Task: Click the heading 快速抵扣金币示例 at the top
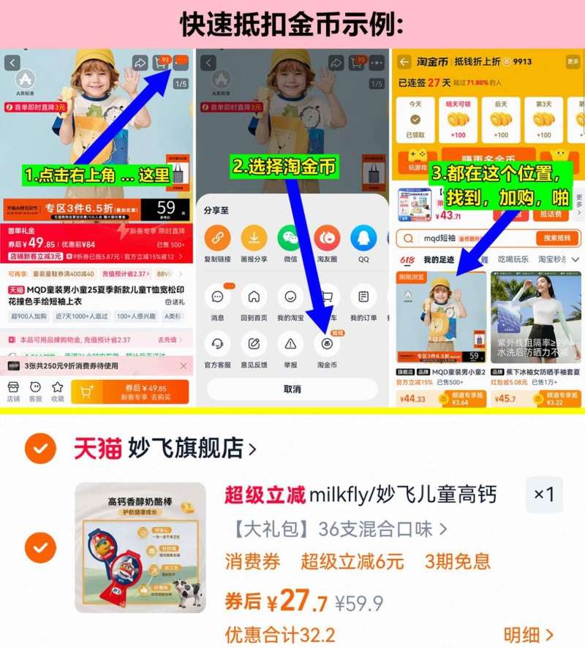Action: tap(292, 23)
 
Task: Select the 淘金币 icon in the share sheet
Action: tap(327, 343)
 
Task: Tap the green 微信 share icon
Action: tap(290, 238)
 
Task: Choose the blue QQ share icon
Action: tap(363, 238)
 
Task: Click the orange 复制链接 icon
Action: tap(217, 238)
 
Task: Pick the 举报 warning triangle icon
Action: tap(290, 343)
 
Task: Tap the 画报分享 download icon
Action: tap(254, 238)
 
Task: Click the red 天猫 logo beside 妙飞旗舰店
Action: tap(97, 448)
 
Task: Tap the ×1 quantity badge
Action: tap(544, 495)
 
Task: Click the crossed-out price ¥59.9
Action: tap(359, 603)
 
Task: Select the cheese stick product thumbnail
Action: tap(140, 547)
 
